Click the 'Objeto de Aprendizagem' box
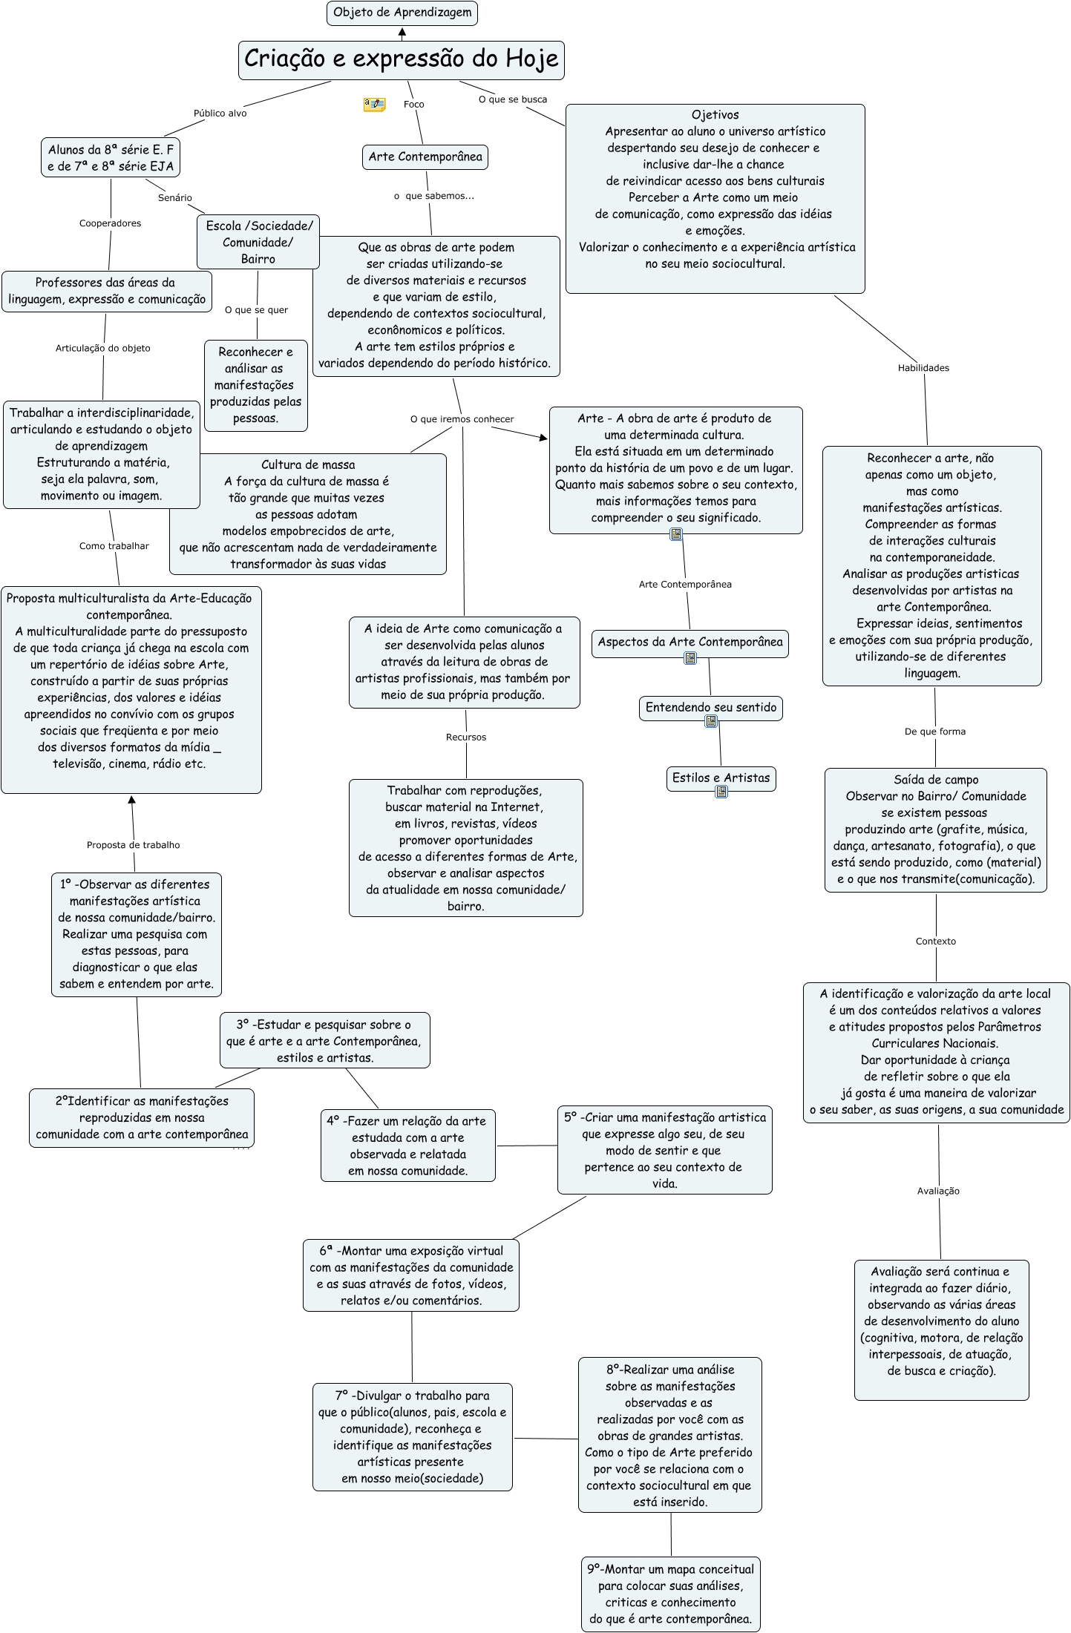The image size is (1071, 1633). pyautogui.click(x=402, y=13)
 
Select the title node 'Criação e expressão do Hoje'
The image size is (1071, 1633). pyautogui.click(x=401, y=59)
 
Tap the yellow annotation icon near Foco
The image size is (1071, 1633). pyautogui.click(x=374, y=105)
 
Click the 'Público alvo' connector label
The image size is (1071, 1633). pyautogui.click(x=220, y=114)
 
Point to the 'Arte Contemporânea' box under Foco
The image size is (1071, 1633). pyautogui.click(x=425, y=157)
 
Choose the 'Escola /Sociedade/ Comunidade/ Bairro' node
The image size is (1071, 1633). pyautogui.click(x=258, y=242)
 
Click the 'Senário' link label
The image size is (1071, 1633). pyautogui.click(x=175, y=198)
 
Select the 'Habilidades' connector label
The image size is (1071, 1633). pyautogui.click(x=923, y=368)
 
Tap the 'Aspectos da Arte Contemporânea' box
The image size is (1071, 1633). pyautogui.click(x=690, y=642)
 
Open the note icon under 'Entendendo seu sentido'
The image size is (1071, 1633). pyautogui.click(x=711, y=721)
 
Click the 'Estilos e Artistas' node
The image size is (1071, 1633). pyautogui.click(x=721, y=778)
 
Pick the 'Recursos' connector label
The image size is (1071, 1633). pyautogui.click(x=466, y=737)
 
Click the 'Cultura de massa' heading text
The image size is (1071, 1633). pyautogui.click(x=308, y=465)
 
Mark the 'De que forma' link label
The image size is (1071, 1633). pyautogui.click(x=935, y=732)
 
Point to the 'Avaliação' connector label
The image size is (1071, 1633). pyautogui.click(x=938, y=1191)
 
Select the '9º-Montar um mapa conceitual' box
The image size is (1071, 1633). pyautogui.click(x=671, y=1593)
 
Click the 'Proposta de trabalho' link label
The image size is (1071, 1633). pyautogui.click(x=134, y=845)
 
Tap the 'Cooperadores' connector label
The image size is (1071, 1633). pyautogui.click(x=110, y=223)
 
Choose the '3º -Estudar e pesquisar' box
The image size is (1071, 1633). pyautogui.click(x=324, y=1040)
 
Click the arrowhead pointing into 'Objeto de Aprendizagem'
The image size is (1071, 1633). pyautogui.click(x=402, y=33)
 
